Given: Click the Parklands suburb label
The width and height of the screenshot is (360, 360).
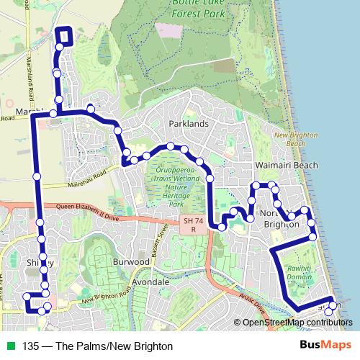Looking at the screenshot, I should coord(188,124).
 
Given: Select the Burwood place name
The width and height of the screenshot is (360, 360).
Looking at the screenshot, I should coord(130,263).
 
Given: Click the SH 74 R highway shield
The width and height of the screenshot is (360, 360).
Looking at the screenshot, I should coord(190,225).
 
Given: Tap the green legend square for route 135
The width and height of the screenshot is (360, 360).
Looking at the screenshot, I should coord(10,345).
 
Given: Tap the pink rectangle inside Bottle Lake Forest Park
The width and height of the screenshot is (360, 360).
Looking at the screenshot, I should coord(170,31).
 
